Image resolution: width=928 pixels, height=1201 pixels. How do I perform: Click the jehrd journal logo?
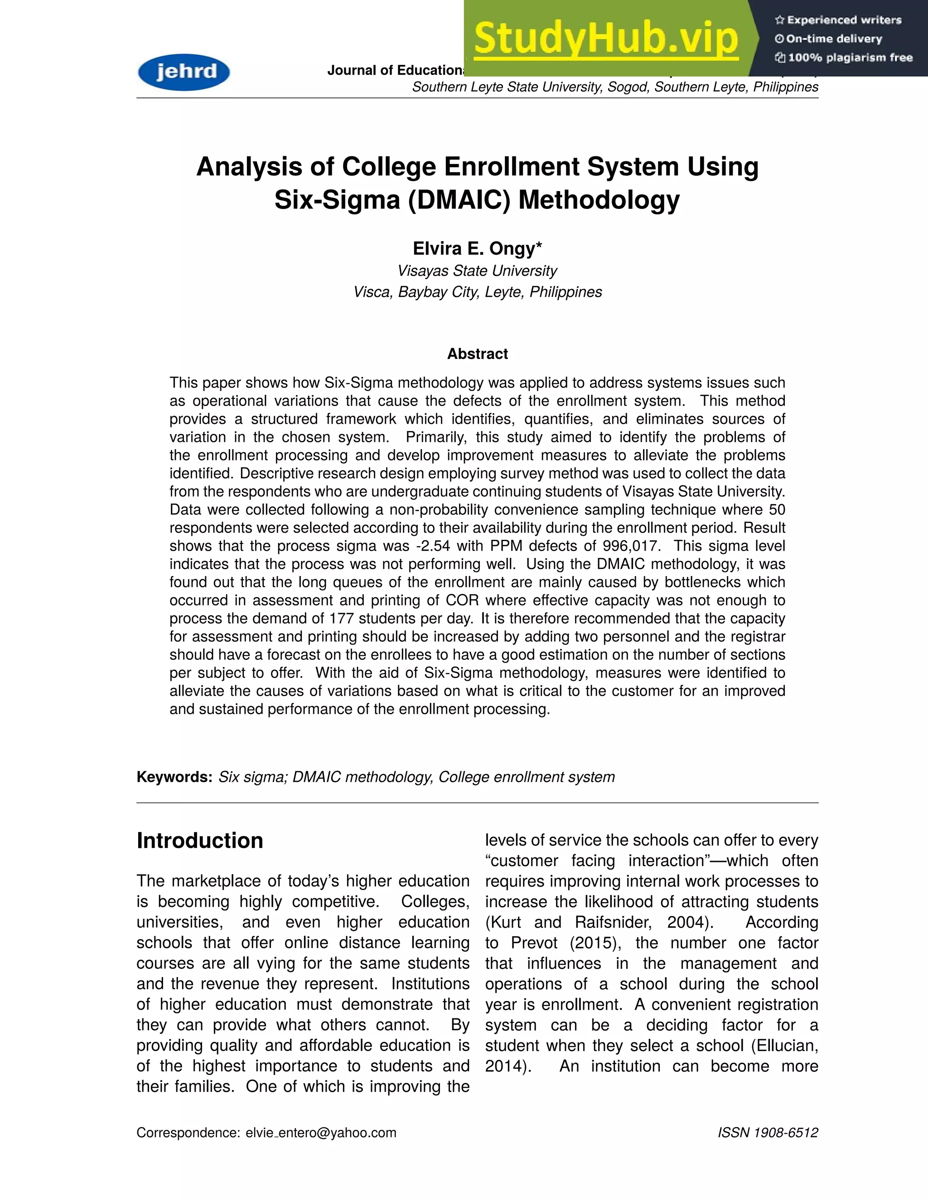[x=184, y=72]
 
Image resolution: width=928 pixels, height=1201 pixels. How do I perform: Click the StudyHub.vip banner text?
[x=605, y=39]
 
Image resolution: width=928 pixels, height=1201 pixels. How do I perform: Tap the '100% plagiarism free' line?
[x=844, y=58]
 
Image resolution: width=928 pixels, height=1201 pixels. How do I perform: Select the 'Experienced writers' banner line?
[x=838, y=20]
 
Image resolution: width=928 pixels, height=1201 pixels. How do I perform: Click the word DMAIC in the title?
[x=459, y=199]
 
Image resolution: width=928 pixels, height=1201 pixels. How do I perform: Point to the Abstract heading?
[x=477, y=354]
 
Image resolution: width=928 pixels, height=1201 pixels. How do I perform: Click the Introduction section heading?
[x=199, y=841]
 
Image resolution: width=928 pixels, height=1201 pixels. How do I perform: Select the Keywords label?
[x=174, y=777]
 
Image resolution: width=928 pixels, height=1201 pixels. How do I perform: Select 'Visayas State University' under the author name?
[x=477, y=271]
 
